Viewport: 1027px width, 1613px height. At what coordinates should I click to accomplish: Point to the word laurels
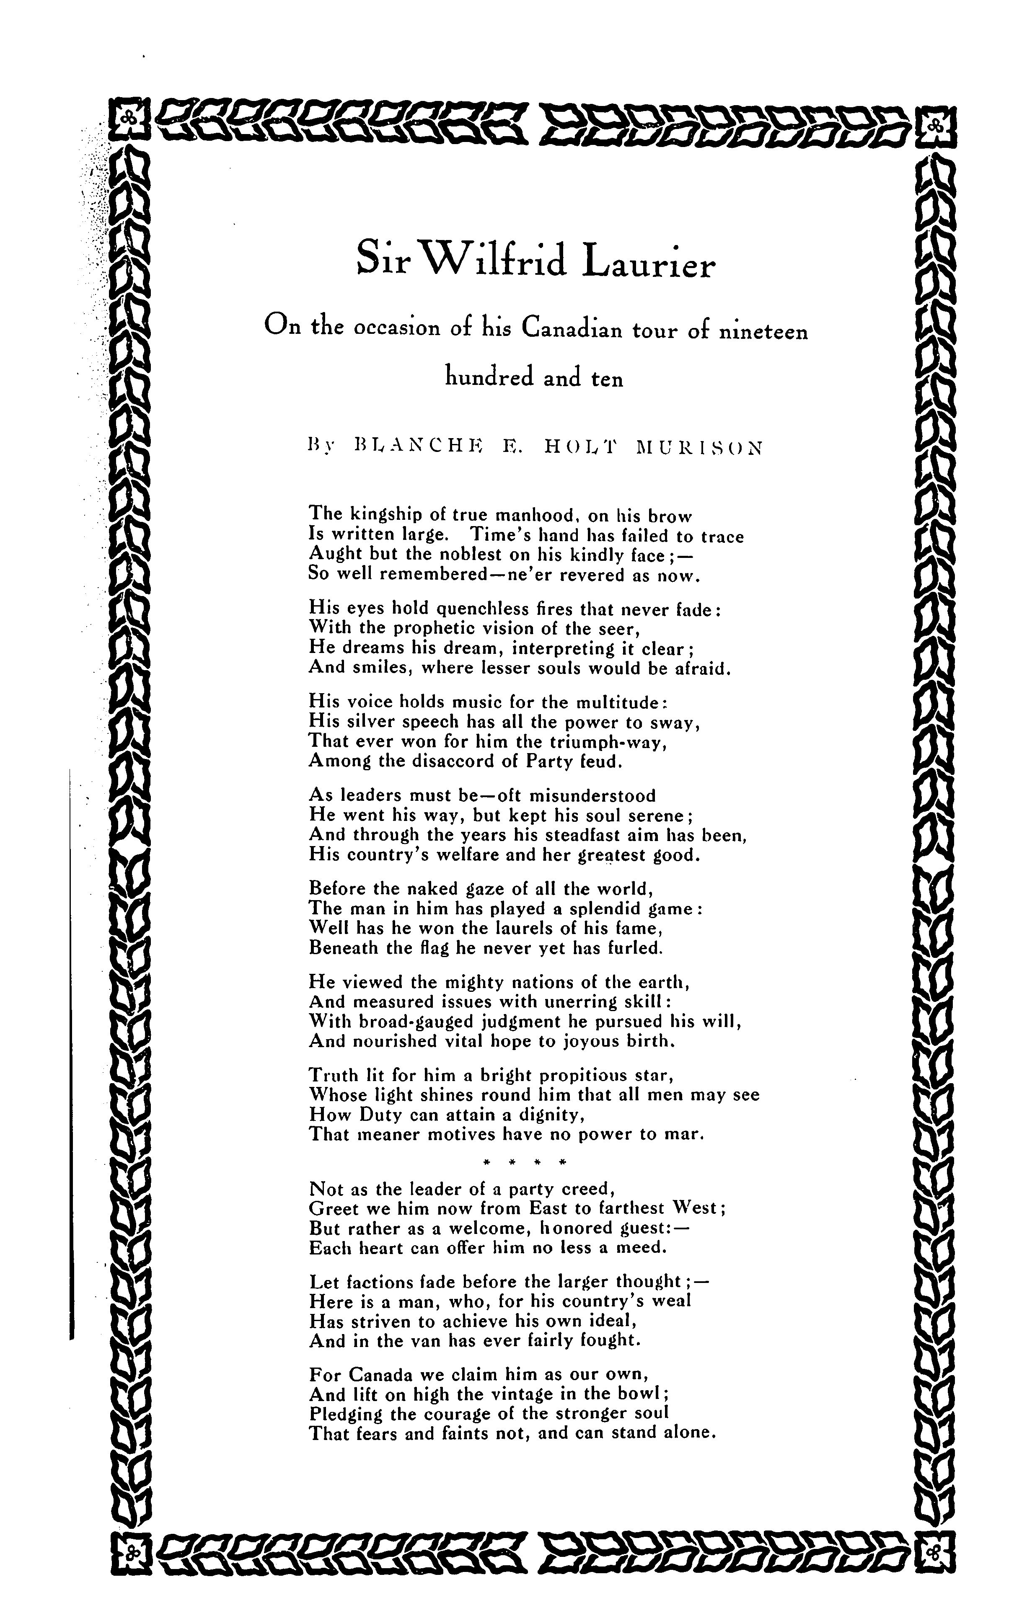coord(547,929)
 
